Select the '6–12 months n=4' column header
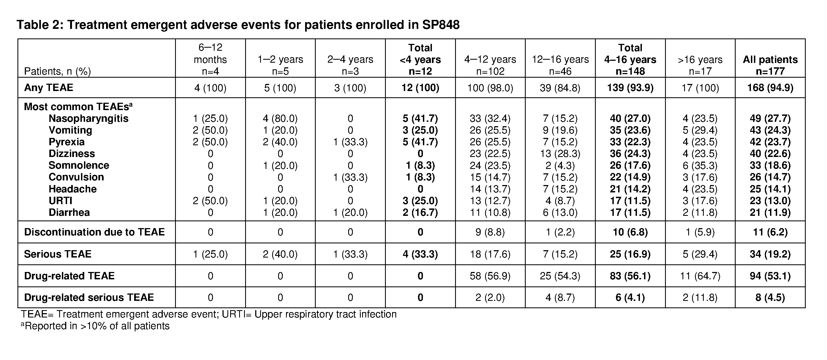[210, 59]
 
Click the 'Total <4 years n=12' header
[420, 59]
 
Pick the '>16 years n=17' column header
[700, 65]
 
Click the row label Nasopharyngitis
[88, 118]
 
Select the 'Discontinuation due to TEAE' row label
[94, 232]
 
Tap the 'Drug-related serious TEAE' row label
[89, 297]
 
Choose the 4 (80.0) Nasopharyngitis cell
[280, 118]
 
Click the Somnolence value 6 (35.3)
[700, 165]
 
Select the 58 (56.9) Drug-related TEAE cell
[490, 276]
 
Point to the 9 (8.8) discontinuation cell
[490, 232]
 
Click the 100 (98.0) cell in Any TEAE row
[490, 87]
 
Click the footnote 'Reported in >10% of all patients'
[95, 326]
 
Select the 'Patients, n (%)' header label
[57, 71]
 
